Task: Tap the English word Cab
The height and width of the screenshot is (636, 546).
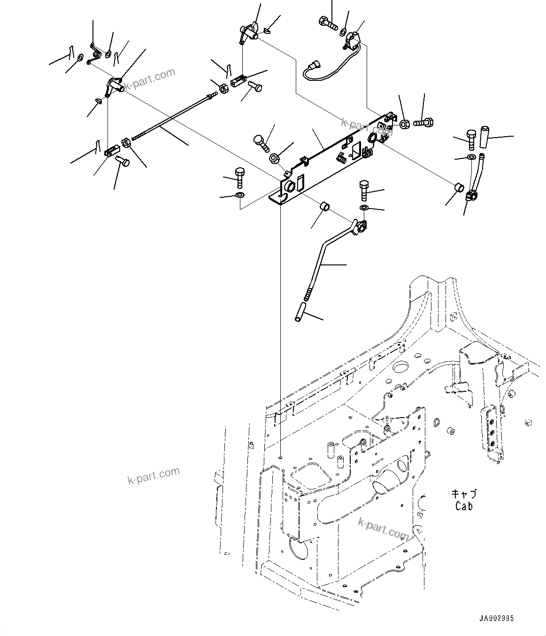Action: click(464, 506)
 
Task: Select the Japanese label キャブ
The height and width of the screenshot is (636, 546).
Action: click(464, 494)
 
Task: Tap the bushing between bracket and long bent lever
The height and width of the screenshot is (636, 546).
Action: click(323, 207)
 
